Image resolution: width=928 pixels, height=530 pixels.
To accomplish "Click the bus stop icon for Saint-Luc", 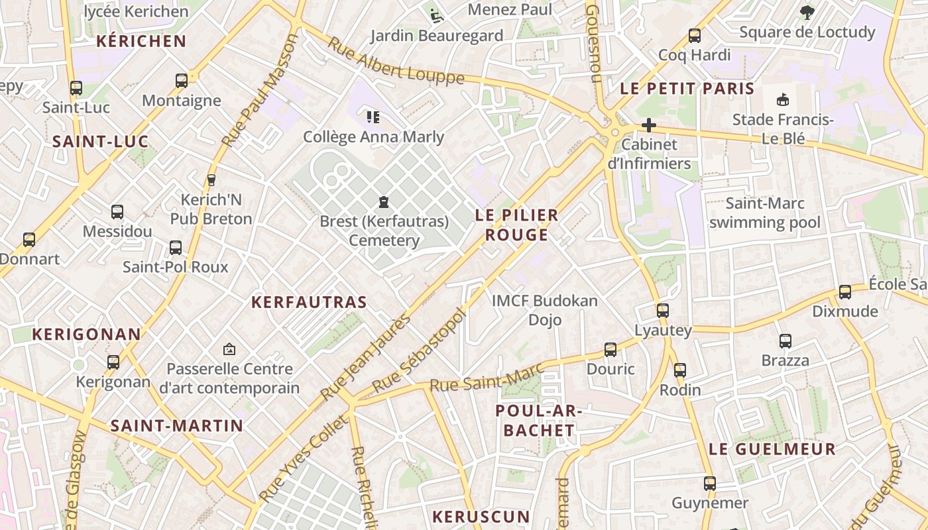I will pos(76,87).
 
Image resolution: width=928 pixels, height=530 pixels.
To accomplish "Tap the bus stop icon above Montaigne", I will pos(182,81).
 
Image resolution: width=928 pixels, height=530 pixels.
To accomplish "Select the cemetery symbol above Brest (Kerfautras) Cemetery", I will pos(383,202).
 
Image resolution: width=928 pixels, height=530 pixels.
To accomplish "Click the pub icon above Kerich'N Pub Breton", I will pos(211,180).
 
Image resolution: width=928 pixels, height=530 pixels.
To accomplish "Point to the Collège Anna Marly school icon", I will pos(373,117).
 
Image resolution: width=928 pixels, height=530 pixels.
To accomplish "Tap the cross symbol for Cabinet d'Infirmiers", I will pos(649,125).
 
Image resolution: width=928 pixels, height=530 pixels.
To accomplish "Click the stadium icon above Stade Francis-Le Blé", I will pos(783,100).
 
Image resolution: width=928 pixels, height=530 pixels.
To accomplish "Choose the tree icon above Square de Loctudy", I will pos(807,12).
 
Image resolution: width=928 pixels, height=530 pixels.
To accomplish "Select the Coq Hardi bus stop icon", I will pos(695,36).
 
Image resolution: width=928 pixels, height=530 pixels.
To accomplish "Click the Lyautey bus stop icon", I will pos(663,310).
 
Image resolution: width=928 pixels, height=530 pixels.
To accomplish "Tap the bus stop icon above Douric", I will pos(610,350).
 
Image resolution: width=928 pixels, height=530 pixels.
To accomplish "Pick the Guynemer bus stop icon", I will pos(710,484).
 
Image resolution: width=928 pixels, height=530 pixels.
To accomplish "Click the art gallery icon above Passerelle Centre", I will pos(229,348).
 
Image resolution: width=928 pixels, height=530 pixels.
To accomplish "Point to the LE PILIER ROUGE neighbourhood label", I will pos(517,225).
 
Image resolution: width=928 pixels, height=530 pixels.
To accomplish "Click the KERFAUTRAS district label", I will pos(309,302).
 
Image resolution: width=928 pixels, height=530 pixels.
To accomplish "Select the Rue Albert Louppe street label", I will pos(396,64).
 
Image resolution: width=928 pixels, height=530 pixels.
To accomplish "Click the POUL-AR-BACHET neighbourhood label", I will pos(538,420).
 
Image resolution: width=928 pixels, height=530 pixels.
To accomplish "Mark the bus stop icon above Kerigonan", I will pos(113,362).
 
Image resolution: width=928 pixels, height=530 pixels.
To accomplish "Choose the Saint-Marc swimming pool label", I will pos(765,213).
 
